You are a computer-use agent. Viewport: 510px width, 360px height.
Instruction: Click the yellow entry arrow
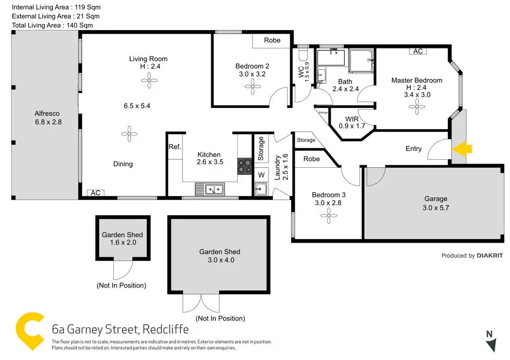click(x=463, y=149)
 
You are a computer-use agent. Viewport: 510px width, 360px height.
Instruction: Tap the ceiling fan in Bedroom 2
click(x=252, y=87)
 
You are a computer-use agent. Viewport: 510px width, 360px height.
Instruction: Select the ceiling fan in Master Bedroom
click(x=417, y=107)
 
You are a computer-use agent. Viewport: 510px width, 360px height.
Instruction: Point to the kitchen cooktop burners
click(x=244, y=167)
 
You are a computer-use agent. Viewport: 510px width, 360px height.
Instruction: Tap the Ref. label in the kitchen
click(x=174, y=147)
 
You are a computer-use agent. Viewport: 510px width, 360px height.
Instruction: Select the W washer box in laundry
click(x=261, y=175)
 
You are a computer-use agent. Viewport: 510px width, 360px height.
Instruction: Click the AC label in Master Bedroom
click(x=418, y=52)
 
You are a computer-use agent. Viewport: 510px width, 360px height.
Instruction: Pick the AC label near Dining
click(x=95, y=193)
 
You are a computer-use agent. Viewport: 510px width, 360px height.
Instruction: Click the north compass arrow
click(x=491, y=344)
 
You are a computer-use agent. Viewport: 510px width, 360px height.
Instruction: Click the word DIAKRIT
click(x=490, y=255)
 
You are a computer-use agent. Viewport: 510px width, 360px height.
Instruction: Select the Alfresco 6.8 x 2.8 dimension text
click(x=47, y=122)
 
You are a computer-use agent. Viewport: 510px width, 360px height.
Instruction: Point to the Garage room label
click(x=436, y=199)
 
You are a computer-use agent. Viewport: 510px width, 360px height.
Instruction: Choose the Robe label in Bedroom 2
click(x=272, y=40)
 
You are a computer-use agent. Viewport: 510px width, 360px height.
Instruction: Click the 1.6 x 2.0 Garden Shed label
click(x=122, y=243)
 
